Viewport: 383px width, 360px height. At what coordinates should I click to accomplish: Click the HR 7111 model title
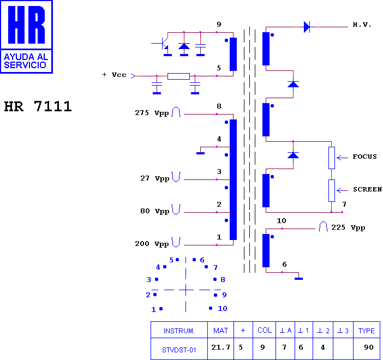38,106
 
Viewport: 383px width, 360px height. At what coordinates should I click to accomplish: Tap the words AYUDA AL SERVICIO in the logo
26,61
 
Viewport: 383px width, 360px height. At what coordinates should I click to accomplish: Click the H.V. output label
362,25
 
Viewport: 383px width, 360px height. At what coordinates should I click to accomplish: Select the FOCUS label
364,157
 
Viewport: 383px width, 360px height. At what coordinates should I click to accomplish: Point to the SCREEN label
367,189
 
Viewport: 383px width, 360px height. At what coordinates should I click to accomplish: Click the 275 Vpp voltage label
152,113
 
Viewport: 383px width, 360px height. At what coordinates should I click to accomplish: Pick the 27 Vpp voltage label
154,178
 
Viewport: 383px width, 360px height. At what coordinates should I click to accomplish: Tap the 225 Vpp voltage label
348,227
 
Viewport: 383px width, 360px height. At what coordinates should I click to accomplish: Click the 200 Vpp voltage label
152,244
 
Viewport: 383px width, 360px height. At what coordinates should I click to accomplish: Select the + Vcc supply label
115,75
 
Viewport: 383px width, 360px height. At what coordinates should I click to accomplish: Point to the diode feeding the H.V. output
307,27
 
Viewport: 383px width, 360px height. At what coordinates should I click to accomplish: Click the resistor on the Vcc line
178,76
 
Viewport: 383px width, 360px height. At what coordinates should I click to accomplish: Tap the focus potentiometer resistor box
332,158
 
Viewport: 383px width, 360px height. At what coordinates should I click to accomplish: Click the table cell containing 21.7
220,347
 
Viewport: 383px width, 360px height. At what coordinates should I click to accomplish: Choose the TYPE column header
367,331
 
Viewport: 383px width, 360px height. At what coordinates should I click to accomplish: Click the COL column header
265,330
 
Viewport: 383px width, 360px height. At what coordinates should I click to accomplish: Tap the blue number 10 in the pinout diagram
222,309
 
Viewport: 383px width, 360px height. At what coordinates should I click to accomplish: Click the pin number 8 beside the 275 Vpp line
219,106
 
